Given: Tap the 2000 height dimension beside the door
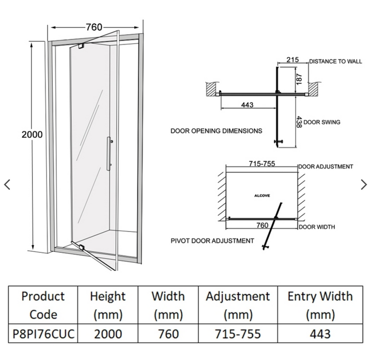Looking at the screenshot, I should click(32, 134).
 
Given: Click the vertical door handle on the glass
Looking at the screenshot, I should click(109, 153).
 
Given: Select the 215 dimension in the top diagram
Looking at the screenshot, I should click(292, 60).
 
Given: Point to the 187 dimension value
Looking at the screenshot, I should click(299, 78).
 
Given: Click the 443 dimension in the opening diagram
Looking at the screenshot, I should click(247, 105).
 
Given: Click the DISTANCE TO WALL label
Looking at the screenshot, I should click(336, 62).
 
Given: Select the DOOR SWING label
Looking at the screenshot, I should click(321, 123).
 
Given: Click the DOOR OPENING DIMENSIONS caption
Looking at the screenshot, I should click(216, 131).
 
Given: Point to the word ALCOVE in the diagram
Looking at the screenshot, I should click(262, 197).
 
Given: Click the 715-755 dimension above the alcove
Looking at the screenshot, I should click(261, 164).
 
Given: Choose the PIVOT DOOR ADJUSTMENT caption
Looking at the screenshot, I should click(212, 240).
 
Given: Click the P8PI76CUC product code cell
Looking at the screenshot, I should click(44, 334).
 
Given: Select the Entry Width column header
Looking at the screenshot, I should click(320, 305).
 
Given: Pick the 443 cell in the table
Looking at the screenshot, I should click(320, 334).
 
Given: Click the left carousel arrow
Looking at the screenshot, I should click(7, 185).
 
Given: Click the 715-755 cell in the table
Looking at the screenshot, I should click(238, 334).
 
